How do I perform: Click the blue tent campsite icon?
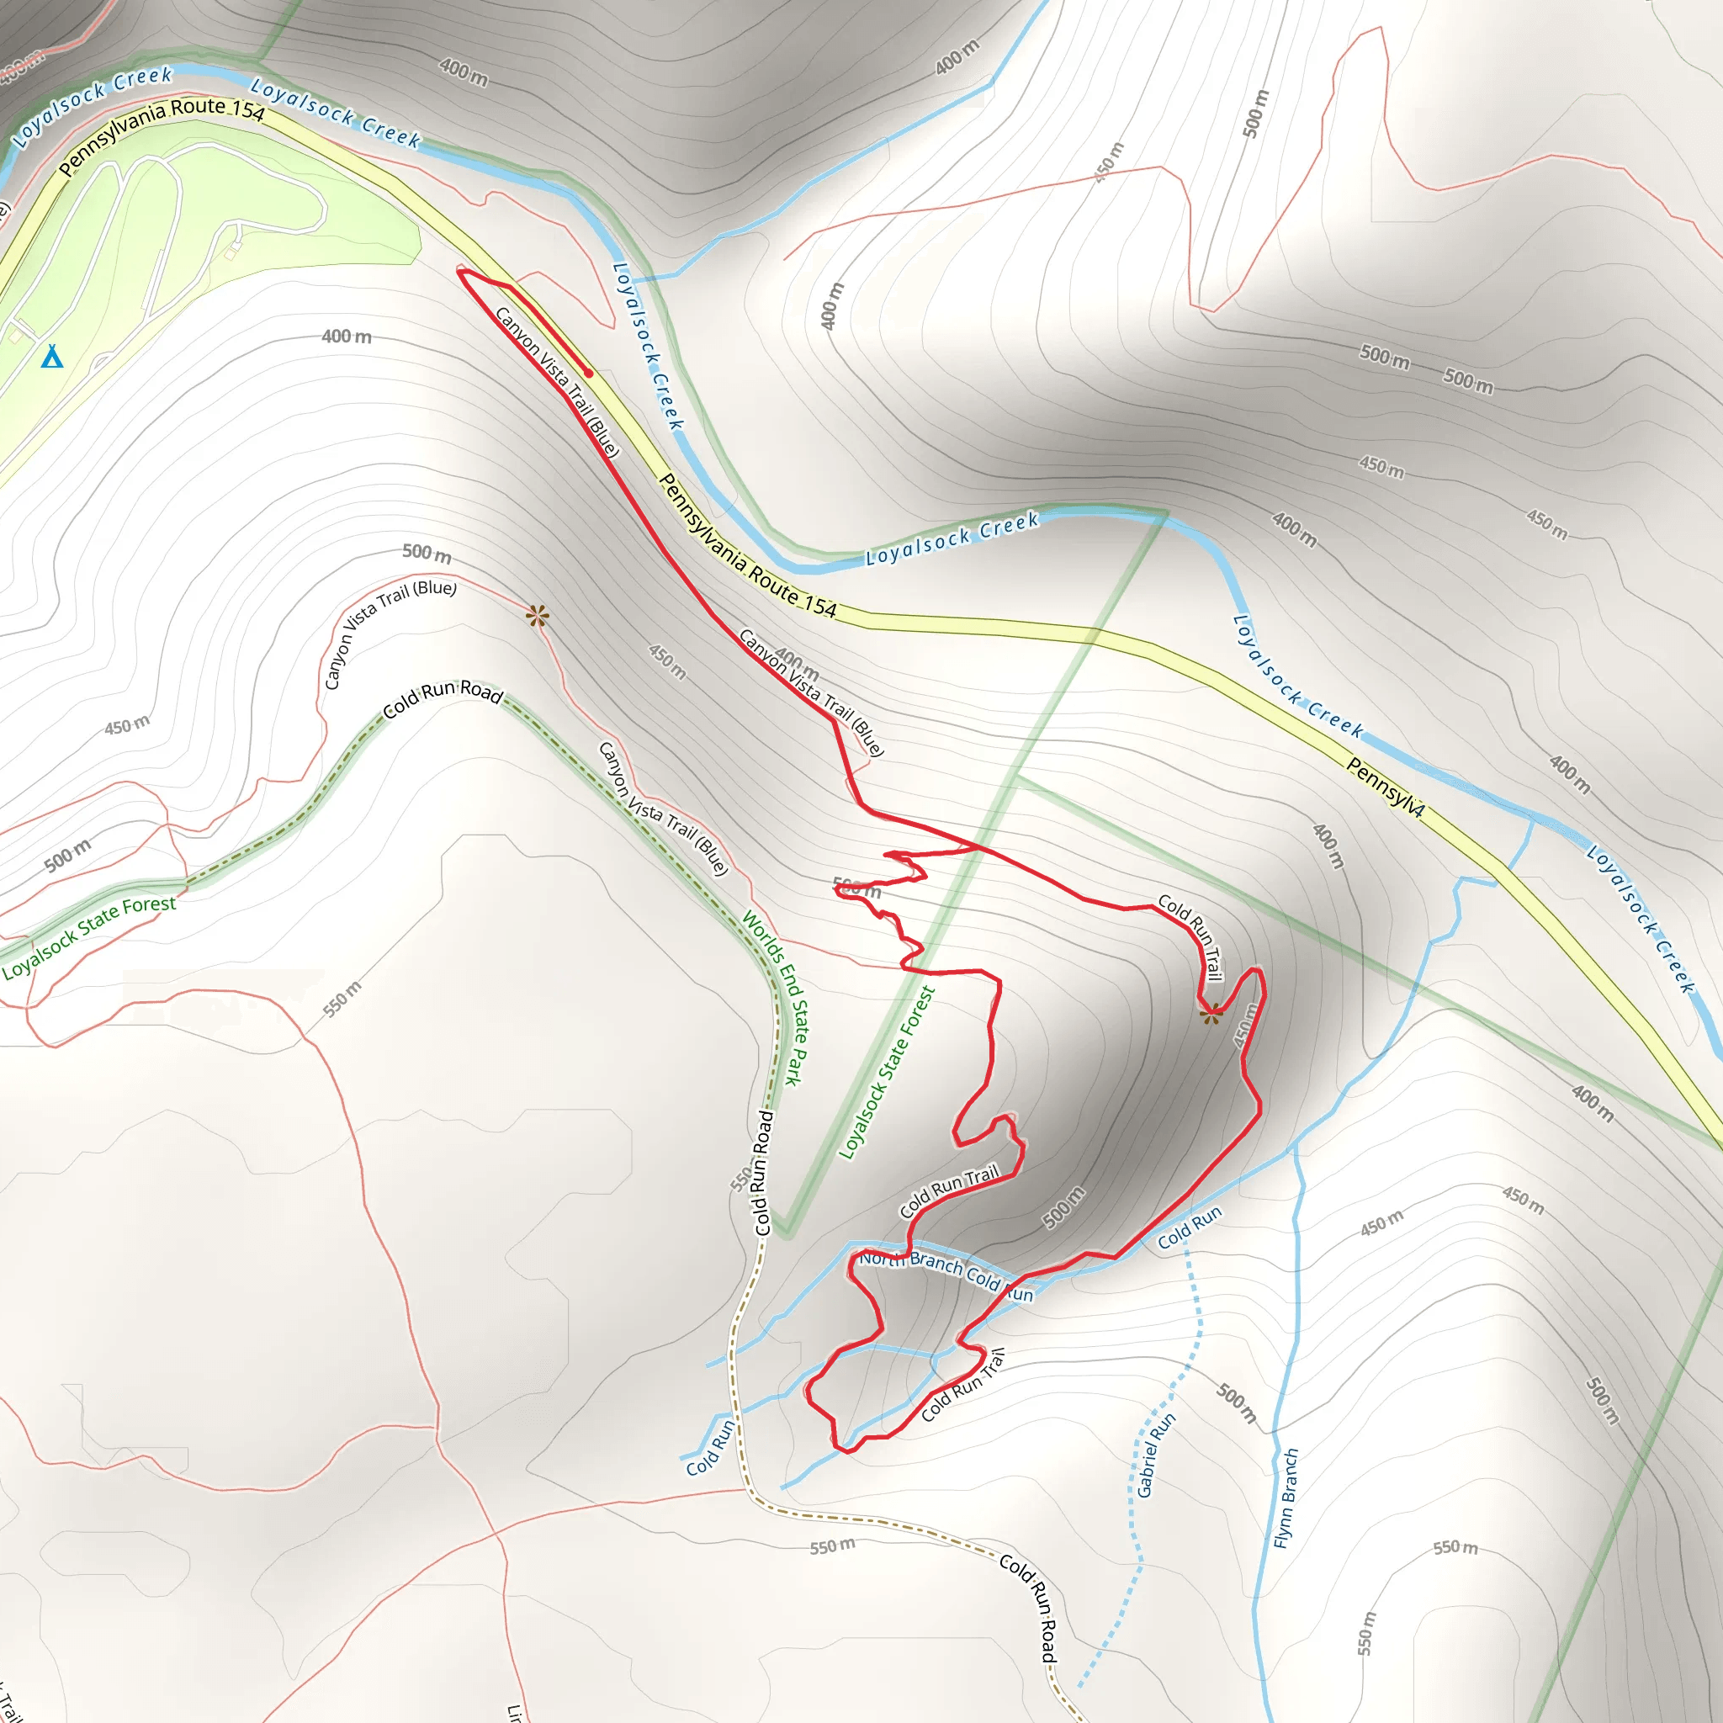(53, 357)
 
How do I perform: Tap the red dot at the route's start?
(589, 374)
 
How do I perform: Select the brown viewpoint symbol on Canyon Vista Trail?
(537, 615)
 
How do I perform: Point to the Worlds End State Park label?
(773, 997)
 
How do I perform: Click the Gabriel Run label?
(1157, 1455)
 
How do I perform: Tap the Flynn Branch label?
(1286, 1498)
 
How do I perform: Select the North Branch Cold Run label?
(946, 1275)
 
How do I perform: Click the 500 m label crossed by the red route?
(856, 888)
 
